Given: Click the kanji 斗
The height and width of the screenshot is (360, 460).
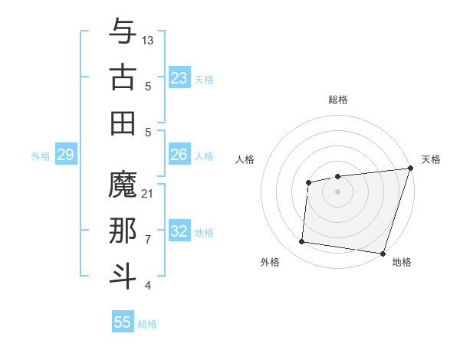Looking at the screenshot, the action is [x=123, y=277].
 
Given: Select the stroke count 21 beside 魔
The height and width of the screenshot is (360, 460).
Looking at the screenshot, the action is [x=148, y=194].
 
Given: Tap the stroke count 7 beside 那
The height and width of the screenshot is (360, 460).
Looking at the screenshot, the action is [x=148, y=240].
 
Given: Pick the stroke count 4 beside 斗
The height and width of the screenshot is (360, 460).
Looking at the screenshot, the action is [x=148, y=286].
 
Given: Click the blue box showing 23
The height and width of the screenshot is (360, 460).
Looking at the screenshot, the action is [x=179, y=78].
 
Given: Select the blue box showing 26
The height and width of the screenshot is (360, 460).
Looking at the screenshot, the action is [x=179, y=155].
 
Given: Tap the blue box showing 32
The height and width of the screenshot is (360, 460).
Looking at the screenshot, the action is [x=179, y=231].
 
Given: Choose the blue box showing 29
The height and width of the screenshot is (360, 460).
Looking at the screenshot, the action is [x=65, y=155].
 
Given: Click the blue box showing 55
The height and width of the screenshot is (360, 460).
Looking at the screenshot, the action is [x=123, y=322].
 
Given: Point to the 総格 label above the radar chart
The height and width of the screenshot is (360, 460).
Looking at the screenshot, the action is [x=337, y=100].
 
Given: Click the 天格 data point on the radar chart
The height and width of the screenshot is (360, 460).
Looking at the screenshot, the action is [x=410, y=169].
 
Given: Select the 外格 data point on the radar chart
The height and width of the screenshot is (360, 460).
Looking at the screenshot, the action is [x=302, y=242].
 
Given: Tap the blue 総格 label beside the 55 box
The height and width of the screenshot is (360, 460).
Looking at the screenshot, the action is [x=147, y=324].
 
